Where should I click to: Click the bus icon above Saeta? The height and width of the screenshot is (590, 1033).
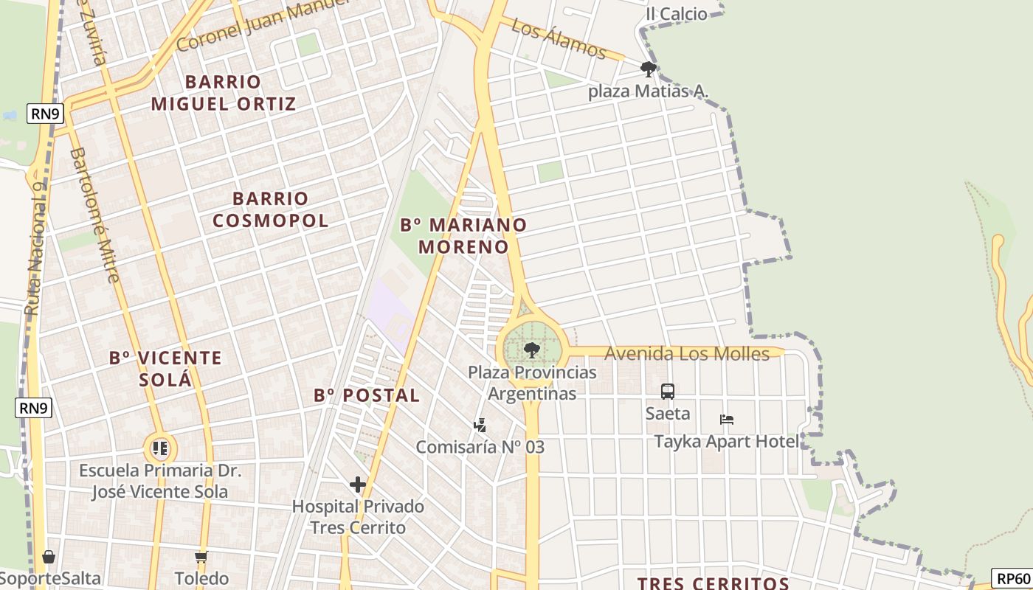668,392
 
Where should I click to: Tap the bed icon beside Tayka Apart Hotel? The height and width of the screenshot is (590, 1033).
727,420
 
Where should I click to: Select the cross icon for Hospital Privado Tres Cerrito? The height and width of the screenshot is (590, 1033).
358,485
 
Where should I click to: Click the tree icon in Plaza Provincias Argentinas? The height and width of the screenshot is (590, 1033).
531,350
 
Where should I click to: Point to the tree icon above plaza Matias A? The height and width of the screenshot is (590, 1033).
648,70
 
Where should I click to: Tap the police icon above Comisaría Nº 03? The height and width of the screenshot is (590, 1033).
480,426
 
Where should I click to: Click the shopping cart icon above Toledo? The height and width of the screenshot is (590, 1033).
201,557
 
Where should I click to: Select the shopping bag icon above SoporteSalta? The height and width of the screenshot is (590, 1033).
49,557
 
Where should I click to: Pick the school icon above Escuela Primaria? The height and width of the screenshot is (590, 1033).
161,448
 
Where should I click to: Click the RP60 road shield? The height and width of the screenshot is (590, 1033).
1012,579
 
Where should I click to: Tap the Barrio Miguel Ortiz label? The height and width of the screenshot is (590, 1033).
224,92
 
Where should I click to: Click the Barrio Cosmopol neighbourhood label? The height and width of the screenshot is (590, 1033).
270,209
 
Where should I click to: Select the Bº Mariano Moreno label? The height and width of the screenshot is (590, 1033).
464,235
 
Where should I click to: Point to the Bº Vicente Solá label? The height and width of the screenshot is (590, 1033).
165,368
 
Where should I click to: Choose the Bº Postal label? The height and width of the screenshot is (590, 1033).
367,395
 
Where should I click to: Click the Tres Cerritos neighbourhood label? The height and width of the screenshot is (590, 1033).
714,583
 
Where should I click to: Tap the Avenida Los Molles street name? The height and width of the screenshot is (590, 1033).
686,354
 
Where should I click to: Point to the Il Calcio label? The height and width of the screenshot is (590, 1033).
676,13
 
